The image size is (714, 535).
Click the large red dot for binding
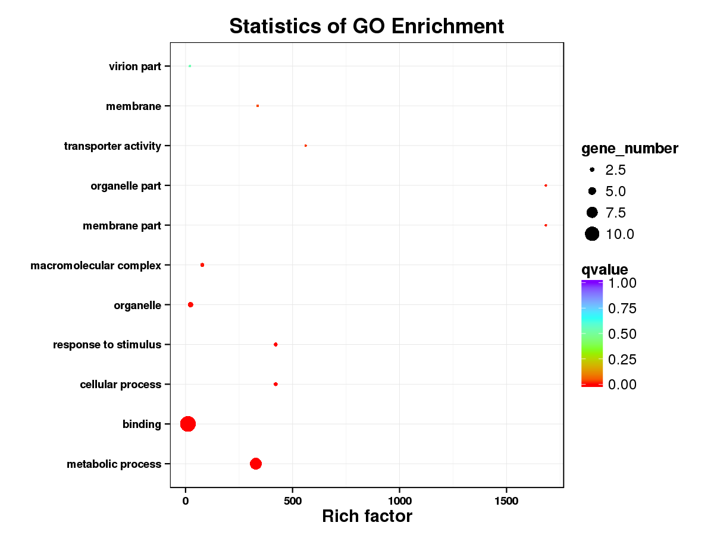pyautogui.click(x=188, y=424)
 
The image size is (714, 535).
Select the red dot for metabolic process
pyautogui.click(x=256, y=464)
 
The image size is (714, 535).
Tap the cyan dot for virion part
pyautogui.click(x=190, y=66)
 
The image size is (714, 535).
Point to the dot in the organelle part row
pyautogui.click(x=546, y=185)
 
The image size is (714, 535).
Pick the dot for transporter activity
pyautogui.click(x=305, y=146)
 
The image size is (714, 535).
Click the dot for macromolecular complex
pyautogui.click(x=202, y=265)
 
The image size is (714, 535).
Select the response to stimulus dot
pyautogui.click(x=275, y=344)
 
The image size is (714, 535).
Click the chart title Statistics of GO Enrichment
pyautogui.click(x=367, y=26)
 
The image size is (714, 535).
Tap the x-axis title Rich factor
pyautogui.click(x=367, y=516)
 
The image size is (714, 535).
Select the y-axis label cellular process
pyautogui.click(x=120, y=385)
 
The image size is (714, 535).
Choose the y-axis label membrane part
pyautogui.click(x=122, y=226)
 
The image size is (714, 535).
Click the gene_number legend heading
pyautogui.click(x=630, y=149)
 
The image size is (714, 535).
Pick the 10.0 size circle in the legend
pyautogui.click(x=591, y=234)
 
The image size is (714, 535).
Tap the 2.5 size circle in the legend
pyautogui.click(x=592, y=170)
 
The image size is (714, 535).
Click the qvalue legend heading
pyautogui.click(x=605, y=270)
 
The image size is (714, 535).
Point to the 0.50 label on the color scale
pyautogui.click(x=622, y=334)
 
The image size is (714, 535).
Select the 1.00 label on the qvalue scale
pyautogui.click(x=622, y=283)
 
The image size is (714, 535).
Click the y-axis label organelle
pyautogui.click(x=137, y=306)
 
